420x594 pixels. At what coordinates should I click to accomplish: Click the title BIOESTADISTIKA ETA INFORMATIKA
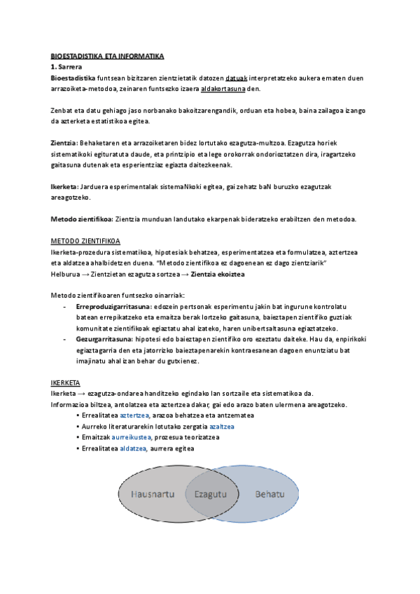click(107, 56)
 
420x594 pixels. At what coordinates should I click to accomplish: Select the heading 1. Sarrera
click(67, 67)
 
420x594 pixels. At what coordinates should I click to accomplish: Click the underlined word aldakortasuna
click(223, 89)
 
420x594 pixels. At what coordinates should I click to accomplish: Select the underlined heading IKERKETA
click(66, 382)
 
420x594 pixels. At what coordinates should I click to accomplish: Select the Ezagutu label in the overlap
click(211, 495)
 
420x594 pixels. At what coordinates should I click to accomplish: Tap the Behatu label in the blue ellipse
click(269, 495)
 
